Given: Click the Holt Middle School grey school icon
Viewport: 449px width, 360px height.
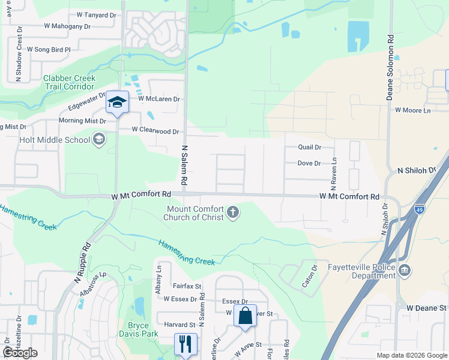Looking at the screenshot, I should [99, 140].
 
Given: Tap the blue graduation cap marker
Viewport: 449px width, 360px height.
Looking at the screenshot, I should [118, 101].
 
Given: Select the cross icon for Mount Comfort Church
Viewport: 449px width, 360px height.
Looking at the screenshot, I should [233, 213].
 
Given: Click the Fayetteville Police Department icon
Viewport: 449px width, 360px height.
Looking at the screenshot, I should [405, 271].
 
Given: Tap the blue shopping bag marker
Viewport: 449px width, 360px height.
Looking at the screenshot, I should [246, 316].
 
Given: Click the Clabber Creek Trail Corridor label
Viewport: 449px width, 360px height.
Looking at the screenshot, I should [69, 82].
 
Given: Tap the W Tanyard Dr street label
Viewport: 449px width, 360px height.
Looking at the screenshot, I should [97, 14].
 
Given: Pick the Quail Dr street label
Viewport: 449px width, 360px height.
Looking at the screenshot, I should [310, 147].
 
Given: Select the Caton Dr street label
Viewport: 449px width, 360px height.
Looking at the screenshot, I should [309, 275].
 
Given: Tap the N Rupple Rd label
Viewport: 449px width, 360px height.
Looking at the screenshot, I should [82, 263].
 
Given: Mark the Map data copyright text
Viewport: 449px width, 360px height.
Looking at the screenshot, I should [411, 355].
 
